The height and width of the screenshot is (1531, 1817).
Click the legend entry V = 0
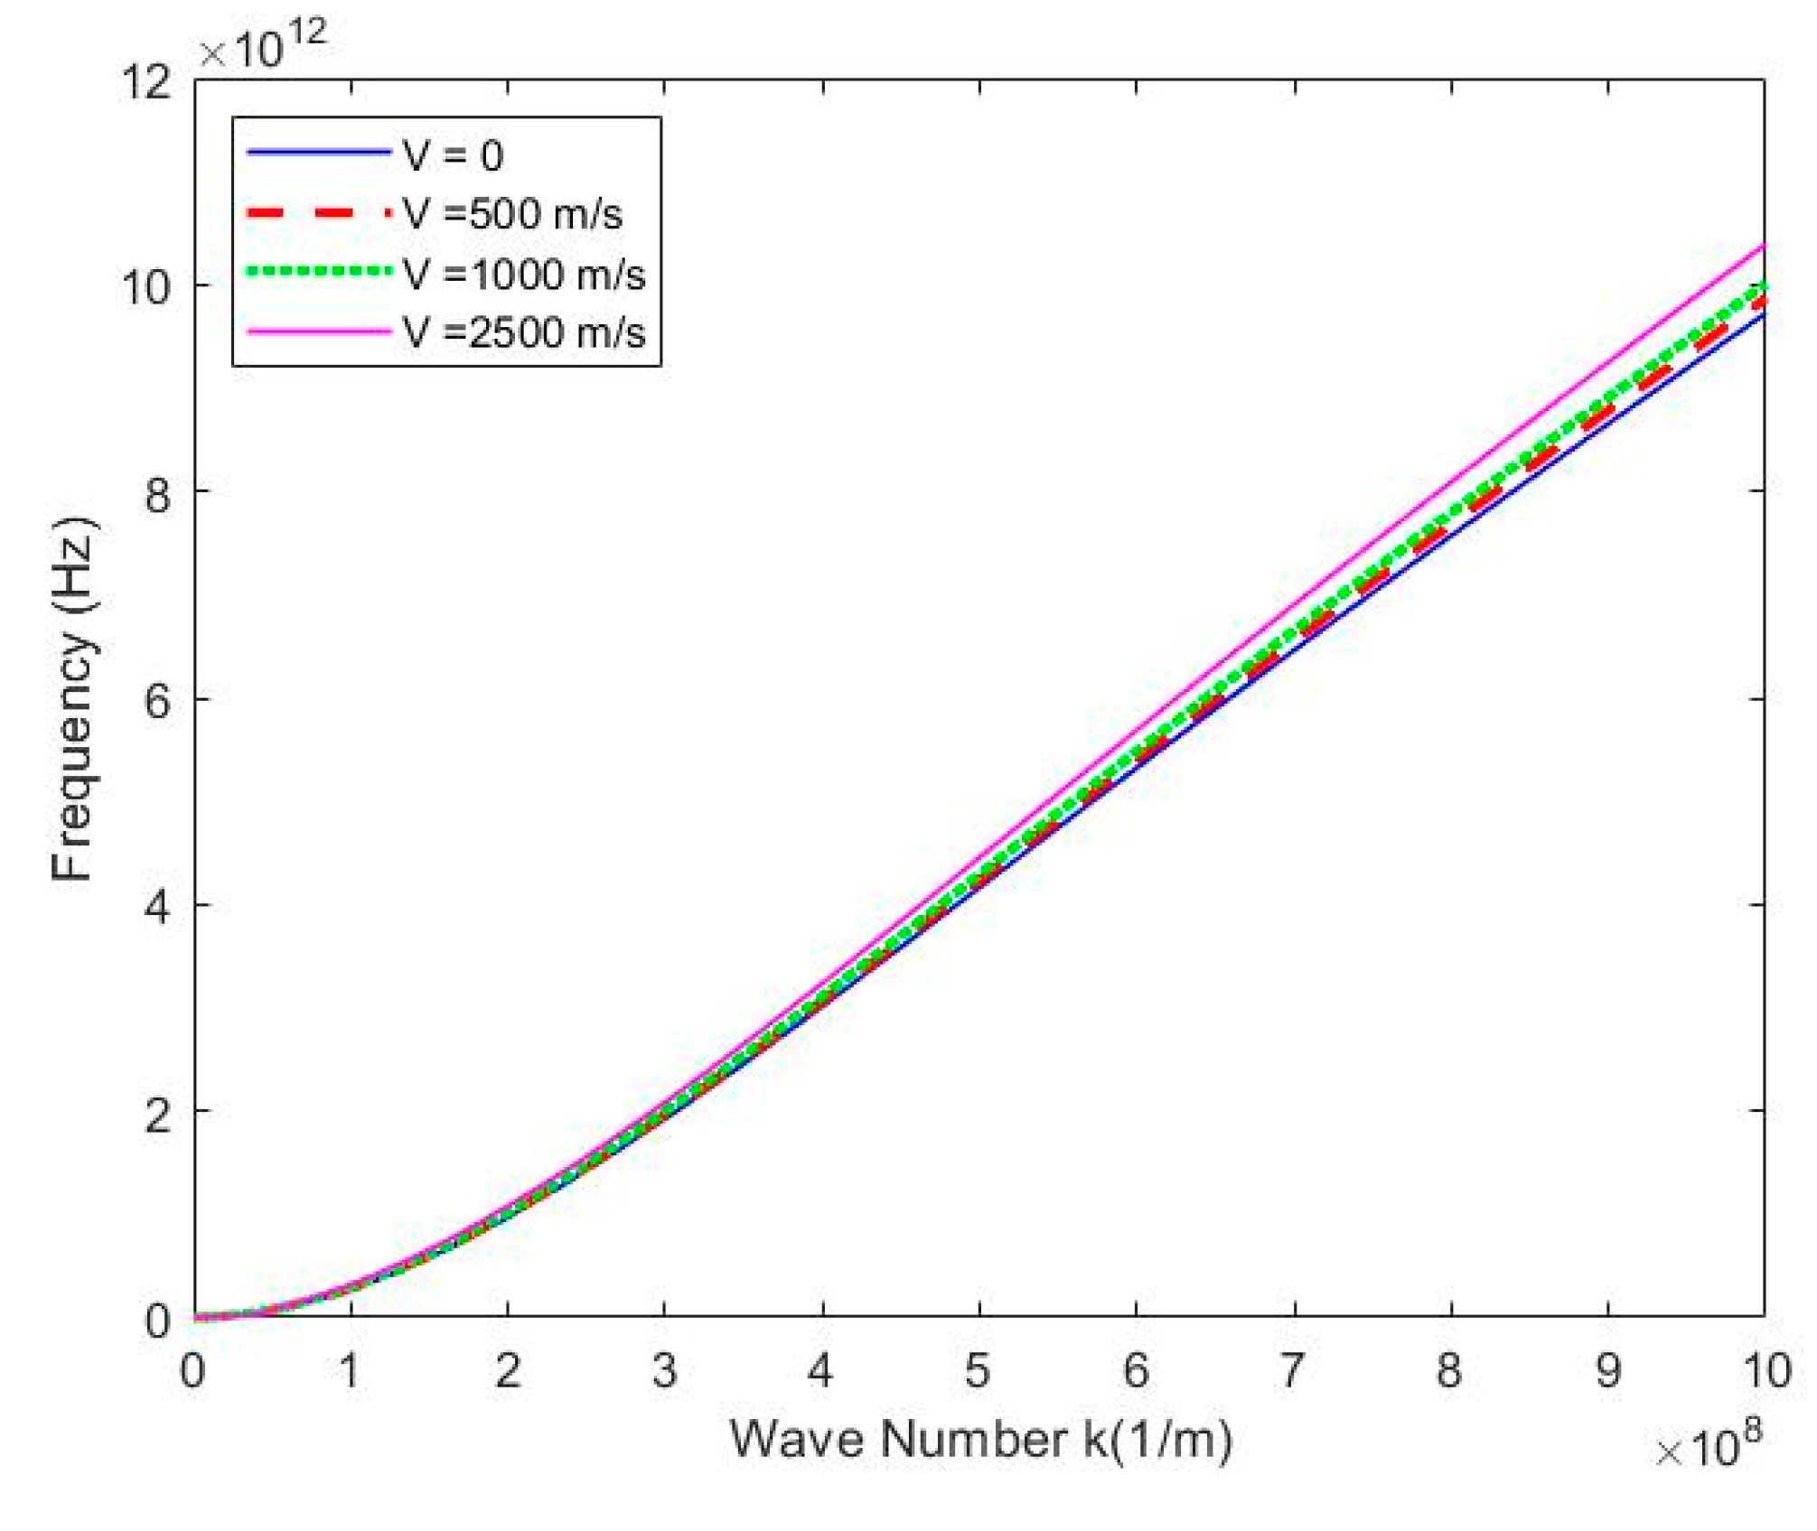click(453, 155)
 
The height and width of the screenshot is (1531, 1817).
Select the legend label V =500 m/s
click(513, 215)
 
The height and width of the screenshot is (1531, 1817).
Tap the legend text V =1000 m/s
click(524, 274)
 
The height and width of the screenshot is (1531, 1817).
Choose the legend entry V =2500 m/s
click(524, 332)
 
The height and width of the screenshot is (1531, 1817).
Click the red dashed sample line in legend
click(318, 214)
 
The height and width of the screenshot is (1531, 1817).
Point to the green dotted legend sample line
click(318, 271)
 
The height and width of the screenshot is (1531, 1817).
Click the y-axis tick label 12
click(146, 82)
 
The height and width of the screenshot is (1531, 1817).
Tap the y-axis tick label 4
click(157, 906)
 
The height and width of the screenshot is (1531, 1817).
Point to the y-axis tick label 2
click(157, 1113)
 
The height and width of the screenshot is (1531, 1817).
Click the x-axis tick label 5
click(977, 1371)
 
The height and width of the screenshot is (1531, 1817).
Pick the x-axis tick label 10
click(1765, 1371)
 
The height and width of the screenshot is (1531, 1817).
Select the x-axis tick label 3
click(664, 1371)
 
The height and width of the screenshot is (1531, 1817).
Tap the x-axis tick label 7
click(1292, 1371)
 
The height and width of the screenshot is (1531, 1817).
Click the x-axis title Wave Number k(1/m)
click(980, 1439)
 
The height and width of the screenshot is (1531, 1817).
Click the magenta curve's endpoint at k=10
click(1763, 246)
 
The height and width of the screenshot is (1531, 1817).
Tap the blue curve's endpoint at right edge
click(1763, 316)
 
